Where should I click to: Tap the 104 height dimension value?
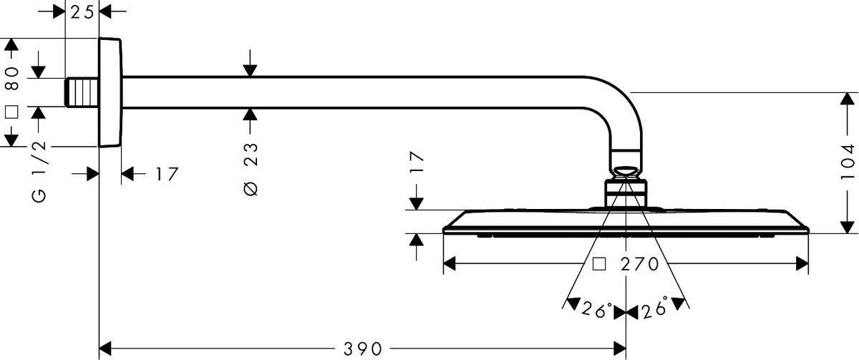pos(849,162)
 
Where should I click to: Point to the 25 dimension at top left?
pos(82,12)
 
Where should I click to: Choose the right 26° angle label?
pos(654,309)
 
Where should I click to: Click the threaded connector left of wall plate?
pos(81,92)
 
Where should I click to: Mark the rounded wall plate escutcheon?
pos(110,92)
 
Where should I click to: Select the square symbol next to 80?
pos(11,112)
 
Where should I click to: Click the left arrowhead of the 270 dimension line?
pos(450,264)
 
